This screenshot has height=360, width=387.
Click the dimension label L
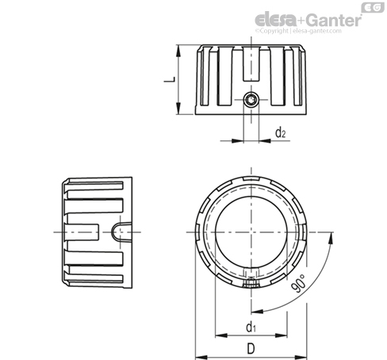coord(170,79)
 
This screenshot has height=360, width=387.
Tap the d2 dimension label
coord(281,132)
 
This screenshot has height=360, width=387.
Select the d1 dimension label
coord(251,327)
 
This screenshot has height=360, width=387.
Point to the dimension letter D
coord(251,348)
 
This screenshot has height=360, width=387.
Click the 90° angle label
coord(298,283)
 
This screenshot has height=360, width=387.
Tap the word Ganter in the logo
coord(334,20)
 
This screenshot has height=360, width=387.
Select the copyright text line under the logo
coord(298,31)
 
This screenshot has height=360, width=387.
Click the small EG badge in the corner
coord(373,7)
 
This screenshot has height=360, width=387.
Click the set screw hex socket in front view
coord(251,100)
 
